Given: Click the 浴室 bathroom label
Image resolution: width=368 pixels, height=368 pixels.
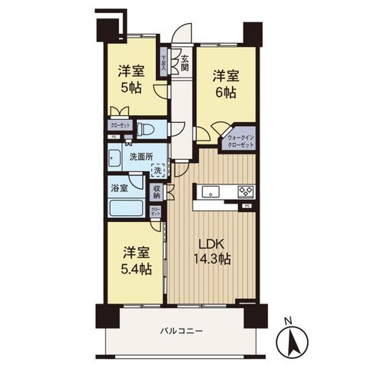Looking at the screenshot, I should pyautogui.click(x=118, y=187).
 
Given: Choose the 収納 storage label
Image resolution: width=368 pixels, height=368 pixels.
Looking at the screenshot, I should pyautogui.click(x=157, y=194).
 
